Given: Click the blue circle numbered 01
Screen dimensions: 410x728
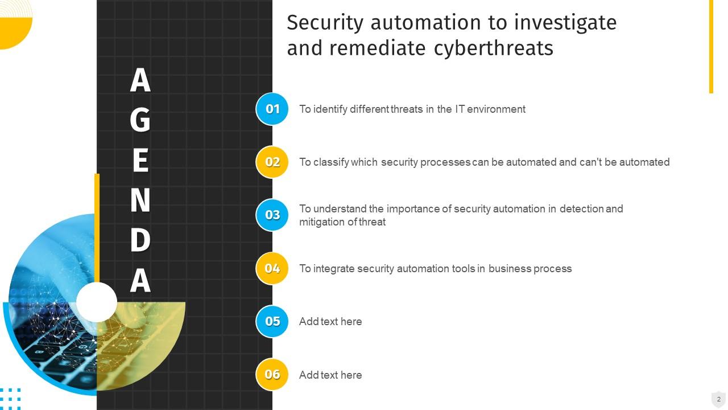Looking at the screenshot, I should click(272, 109).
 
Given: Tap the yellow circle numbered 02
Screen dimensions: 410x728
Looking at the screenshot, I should click(272, 162).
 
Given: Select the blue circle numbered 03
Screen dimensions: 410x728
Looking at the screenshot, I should click(272, 215).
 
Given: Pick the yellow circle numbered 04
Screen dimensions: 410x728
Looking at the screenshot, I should click(272, 268).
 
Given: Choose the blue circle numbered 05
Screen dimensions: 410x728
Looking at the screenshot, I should click(272, 321).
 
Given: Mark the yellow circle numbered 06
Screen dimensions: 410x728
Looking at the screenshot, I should click(272, 374).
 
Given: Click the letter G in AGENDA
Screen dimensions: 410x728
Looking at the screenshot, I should click(140, 120).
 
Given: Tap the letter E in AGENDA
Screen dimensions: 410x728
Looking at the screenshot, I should click(140, 161).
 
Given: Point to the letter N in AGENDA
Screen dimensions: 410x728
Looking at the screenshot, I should click(140, 200).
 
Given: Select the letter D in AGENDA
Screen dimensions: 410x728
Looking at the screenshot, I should click(140, 240).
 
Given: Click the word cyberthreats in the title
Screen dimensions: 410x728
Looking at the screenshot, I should click(493, 48).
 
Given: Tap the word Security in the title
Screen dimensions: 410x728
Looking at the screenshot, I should click(325, 23).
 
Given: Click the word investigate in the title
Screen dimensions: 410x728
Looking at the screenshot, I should click(565, 23).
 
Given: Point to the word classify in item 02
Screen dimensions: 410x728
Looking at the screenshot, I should click(330, 162).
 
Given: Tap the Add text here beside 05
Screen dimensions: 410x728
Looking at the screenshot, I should click(330, 322).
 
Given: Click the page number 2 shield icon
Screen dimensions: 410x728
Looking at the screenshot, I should click(718, 399).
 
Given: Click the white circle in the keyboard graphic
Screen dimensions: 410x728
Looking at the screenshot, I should click(97, 302).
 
